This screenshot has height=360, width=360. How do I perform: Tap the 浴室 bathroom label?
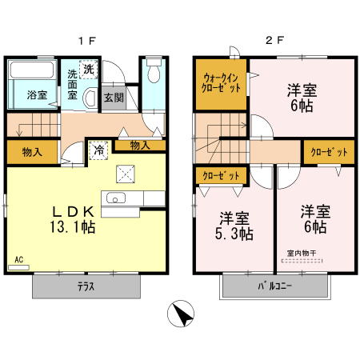point(37,95)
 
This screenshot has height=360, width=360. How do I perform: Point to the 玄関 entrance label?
point(114,98)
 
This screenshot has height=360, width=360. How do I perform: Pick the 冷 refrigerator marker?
point(98,150)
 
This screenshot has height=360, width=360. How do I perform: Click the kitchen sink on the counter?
point(117,199)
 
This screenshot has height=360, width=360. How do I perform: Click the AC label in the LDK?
point(18,259)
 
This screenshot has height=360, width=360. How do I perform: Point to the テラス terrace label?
point(88,286)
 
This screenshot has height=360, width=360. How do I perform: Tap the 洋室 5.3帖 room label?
point(234,226)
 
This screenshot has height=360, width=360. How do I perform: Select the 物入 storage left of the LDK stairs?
point(32,151)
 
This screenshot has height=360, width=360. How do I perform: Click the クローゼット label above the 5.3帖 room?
point(218,175)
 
